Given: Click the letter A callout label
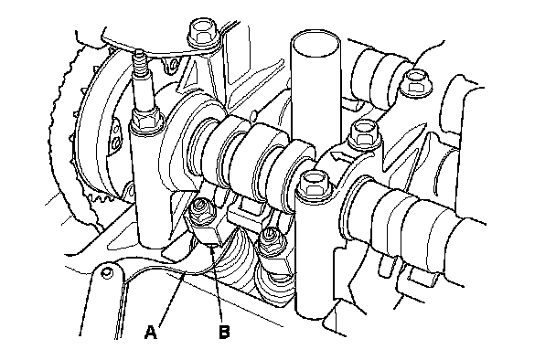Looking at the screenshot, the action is point(151,332).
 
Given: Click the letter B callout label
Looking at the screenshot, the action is point(224,332).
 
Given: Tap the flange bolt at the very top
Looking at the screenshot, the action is point(203,34).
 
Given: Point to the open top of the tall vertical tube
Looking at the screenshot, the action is point(315,43).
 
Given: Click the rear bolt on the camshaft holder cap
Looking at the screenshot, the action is point(365,134).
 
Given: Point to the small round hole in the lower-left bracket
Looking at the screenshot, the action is point(106,273).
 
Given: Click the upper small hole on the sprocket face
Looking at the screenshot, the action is point(115,126).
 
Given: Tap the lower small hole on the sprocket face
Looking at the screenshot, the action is point(114,143).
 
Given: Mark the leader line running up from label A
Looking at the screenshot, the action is point(170,299).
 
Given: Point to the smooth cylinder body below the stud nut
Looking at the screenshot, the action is point(151,185).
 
